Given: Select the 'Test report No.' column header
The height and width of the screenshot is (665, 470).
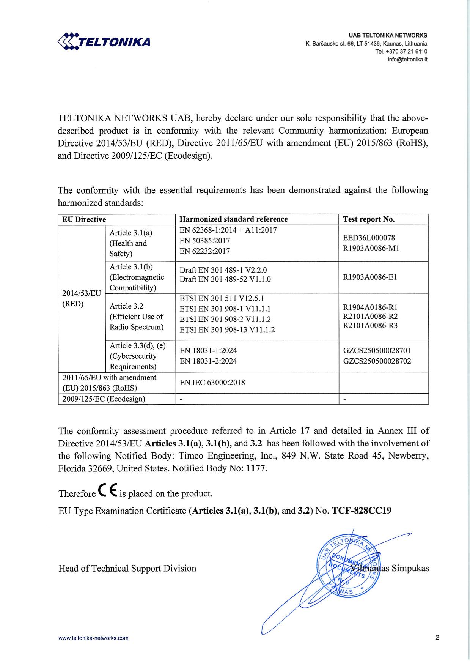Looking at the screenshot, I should pyautogui.click(x=369, y=219).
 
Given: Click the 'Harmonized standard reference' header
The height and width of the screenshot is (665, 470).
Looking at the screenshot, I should pyautogui.click(x=234, y=219).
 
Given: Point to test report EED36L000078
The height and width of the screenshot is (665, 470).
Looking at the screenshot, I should pyautogui.click(x=369, y=238).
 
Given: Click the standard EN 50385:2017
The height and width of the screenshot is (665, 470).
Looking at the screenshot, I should pyautogui.click(x=204, y=241).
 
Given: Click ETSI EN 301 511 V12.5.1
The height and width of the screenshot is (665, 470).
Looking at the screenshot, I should pyautogui.click(x=222, y=298).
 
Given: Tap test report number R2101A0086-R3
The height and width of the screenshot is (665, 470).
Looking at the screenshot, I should pyautogui.click(x=370, y=326).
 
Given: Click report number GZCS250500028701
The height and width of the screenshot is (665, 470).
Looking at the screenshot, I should pyautogui.click(x=377, y=351).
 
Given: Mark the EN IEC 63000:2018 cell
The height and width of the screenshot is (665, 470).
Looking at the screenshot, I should pyautogui.click(x=212, y=383).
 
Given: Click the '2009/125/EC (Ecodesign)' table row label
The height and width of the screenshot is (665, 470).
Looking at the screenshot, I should pyautogui.click(x=104, y=399).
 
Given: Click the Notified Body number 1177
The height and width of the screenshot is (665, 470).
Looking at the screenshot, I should pyautogui.click(x=256, y=468).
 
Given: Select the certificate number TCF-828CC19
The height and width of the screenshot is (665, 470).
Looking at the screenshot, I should pyautogui.click(x=362, y=511).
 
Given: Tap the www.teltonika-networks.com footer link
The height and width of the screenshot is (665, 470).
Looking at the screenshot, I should pyautogui.click(x=93, y=638).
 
